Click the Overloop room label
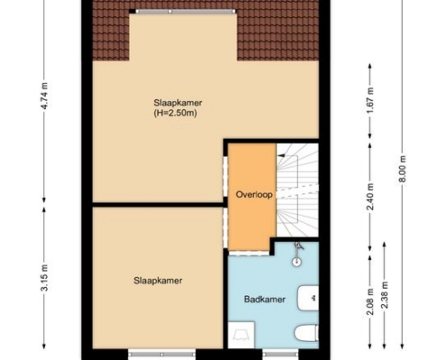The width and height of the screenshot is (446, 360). [254, 195]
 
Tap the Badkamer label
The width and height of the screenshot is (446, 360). [264, 299]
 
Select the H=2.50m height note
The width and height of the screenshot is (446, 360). [176, 113]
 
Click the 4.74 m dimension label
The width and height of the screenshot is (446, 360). [44, 95]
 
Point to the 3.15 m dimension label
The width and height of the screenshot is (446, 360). [44, 278]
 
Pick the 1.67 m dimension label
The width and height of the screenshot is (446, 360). [370, 101]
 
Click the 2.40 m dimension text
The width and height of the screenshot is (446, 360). [370, 196]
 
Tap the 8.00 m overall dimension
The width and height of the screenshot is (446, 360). [403, 168]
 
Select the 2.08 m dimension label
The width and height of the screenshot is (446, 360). [370, 301]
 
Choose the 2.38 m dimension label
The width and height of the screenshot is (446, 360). [385, 294]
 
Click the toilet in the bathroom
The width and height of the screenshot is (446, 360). [306, 333]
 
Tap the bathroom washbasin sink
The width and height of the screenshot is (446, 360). [308, 298]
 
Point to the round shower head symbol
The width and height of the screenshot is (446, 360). [296, 262]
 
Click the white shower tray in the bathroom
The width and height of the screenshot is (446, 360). [241, 335]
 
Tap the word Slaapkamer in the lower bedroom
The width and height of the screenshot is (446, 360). [158, 281]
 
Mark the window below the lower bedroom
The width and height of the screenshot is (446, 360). [161, 354]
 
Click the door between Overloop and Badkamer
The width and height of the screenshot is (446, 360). [249, 253]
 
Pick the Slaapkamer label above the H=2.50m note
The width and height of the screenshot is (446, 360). [177, 103]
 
